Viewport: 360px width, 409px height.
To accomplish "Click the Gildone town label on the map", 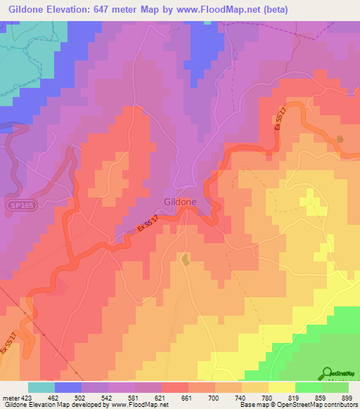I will [179, 201].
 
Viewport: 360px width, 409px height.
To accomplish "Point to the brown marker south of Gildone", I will [185, 260].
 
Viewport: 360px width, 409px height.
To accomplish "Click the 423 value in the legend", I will [27, 397].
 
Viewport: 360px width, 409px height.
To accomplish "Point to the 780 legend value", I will [268, 397].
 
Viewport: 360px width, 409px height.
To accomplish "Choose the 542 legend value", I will [108, 397].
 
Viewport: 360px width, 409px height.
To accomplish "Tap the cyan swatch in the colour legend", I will [41, 387].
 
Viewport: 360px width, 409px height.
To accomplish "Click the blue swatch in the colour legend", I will [67, 387].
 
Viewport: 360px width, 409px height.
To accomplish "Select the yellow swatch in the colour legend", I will [281, 387].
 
